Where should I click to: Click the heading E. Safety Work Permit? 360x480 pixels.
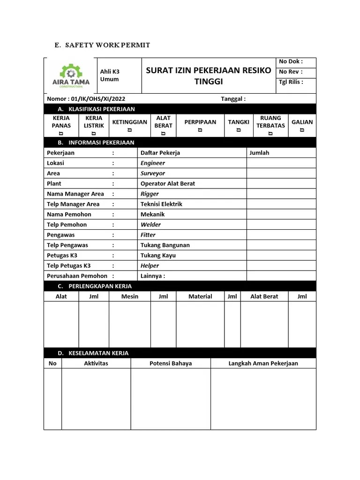tap(102, 45)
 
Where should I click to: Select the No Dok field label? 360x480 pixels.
tap(291, 61)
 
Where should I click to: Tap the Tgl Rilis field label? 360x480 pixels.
tap(291, 82)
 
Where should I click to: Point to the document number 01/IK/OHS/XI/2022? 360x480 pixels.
tap(86, 99)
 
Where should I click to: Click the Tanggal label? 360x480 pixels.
tap(233, 99)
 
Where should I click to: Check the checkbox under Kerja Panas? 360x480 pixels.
tap(61, 133)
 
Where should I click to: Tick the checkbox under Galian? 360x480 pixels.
tap(302, 130)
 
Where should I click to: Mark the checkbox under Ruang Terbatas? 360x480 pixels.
tap(270, 133)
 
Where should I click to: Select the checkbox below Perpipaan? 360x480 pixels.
tap(200, 130)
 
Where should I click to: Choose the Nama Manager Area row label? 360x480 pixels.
tap(75, 194)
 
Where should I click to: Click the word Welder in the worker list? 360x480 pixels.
tap(150, 225)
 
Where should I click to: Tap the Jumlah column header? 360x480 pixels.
tap(259, 153)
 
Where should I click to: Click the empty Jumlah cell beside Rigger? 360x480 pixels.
tap(281, 194)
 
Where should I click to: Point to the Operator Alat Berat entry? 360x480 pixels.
tap(167, 184)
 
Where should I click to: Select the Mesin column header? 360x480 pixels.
tap(130, 296)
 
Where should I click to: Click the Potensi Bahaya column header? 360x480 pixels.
tap(171, 363)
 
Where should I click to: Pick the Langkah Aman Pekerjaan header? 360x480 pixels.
tap(263, 363)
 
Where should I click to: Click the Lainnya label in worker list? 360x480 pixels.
tap(152, 276)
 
